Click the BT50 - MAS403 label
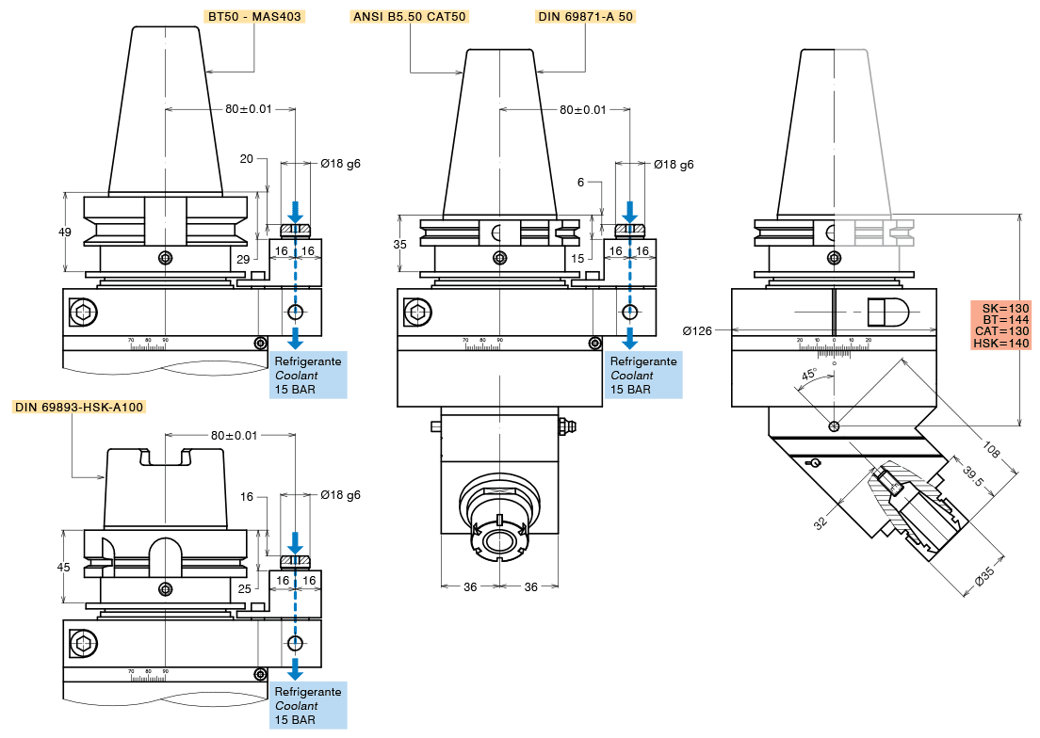click(x=254, y=16)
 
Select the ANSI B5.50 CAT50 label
click(x=409, y=16)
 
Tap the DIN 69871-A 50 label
click(x=584, y=16)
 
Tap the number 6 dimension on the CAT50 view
click(x=581, y=182)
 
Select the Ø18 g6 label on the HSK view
click(x=340, y=494)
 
